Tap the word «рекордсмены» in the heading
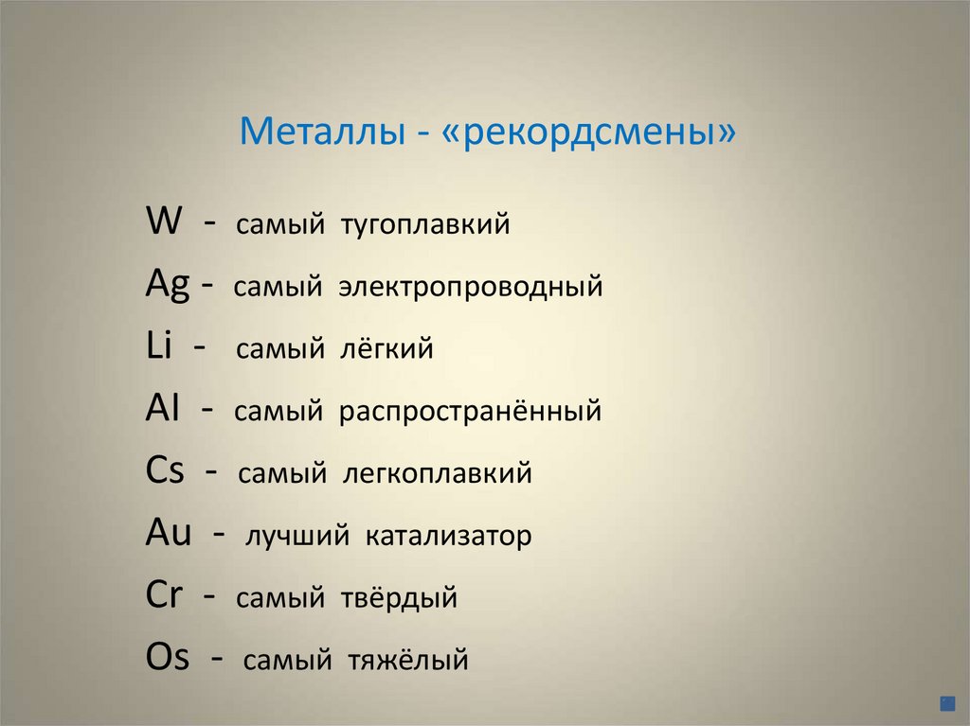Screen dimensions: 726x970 pos(587,133)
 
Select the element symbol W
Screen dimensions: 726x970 pos(165,222)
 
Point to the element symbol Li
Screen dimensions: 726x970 pos(159,346)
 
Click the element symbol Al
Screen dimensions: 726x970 pos(164,409)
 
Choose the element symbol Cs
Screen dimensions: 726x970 pos(165,470)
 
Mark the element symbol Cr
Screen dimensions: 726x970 pos(163,595)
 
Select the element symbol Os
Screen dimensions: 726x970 pos(168,657)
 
